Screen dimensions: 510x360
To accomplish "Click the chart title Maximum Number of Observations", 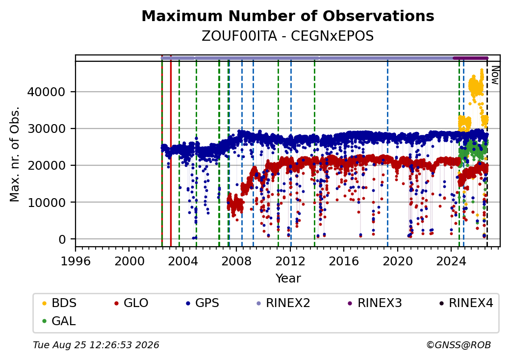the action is tap(288, 16).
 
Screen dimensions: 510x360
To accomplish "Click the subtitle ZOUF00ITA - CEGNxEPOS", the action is tap(288, 36).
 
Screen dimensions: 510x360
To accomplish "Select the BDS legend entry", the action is tap(59, 303).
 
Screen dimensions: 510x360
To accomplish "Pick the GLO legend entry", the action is tap(131, 303).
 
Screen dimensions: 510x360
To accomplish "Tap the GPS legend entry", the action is tap(203, 303).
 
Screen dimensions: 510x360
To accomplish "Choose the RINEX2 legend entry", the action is tap(283, 303).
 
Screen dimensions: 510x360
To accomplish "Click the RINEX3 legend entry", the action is tap(375, 303).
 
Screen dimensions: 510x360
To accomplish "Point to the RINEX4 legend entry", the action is tap(466, 303).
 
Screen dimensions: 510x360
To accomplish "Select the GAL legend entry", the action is tap(59, 321).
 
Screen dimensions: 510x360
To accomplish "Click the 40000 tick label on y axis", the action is tap(46, 92).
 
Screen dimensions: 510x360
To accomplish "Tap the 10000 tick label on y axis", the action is tap(46, 203).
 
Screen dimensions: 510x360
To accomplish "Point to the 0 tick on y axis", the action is tap(62, 240).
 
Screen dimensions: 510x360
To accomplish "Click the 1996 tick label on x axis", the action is tap(76, 261).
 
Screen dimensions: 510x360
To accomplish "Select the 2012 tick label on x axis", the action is tap(290, 261).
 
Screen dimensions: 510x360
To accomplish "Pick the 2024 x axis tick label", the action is tap(451, 261).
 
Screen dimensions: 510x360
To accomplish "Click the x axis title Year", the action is tap(288, 279).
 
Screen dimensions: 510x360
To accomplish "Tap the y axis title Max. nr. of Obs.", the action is tap(15, 154).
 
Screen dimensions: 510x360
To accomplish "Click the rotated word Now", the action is tap(495, 75).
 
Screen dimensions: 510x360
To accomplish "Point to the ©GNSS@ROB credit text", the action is tap(459, 345).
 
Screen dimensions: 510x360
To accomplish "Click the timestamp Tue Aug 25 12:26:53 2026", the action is tap(96, 345).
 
